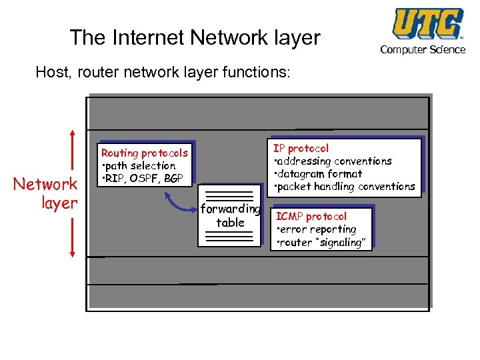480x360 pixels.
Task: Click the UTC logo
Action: (x=427, y=23)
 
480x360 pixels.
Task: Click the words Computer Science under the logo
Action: (x=423, y=50)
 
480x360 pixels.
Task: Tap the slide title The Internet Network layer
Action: (x=195, y=37)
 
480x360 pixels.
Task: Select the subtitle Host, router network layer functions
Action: (x=163, y=71)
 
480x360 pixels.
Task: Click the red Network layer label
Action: (x=46, y=193)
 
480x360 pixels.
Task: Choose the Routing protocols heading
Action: (x=145, y=153)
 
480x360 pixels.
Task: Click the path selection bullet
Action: (x=139, y=166)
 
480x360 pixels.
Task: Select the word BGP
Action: (x=176, y=179)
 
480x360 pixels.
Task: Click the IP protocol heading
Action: (x=301, y=148)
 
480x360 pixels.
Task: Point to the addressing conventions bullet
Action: (x=333, y=161)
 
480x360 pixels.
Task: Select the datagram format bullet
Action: (x=319, y=174)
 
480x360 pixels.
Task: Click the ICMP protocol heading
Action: (x=311, y=217)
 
